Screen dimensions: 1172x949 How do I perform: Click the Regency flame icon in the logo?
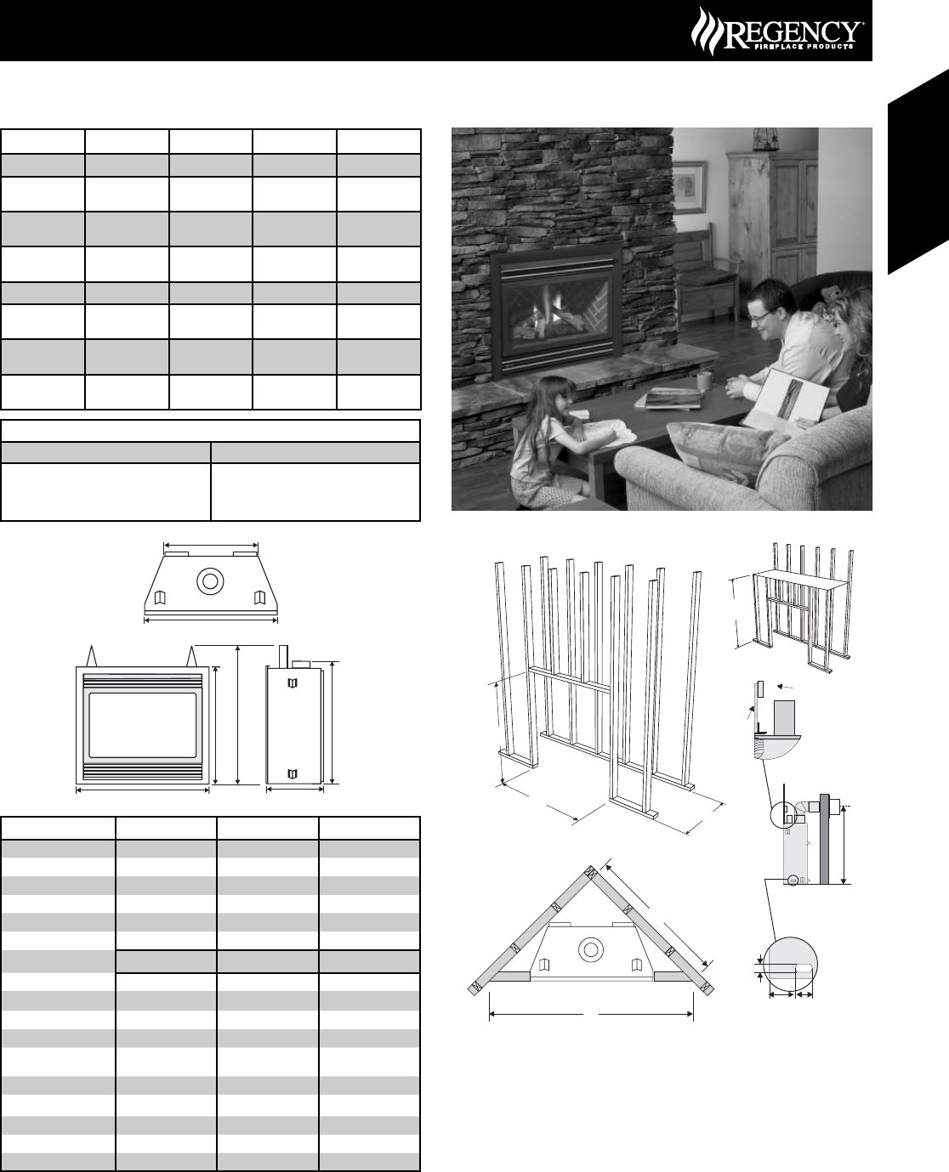(705, 31)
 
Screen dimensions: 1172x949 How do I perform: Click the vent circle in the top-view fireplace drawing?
(208, 582)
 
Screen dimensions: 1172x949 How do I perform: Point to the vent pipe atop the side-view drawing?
(281, 657)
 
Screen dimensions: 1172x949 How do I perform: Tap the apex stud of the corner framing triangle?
(591, 873)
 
